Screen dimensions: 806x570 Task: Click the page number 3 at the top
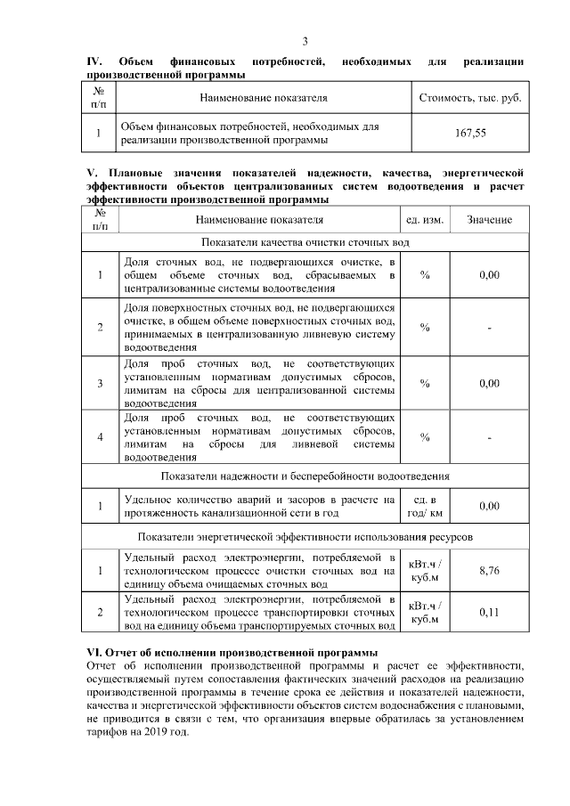[305, 41]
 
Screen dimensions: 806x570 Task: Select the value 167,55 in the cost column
[469, 134]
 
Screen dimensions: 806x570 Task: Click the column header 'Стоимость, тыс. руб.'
[469, 97]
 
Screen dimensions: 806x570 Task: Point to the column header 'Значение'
[488, 219]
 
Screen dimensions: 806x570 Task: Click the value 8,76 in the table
[488, 570]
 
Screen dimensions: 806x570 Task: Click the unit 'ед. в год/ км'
[424, 506]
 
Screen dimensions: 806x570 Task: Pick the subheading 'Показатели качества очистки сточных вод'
[305, 242]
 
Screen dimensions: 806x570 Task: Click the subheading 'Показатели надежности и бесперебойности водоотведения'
[305, 476]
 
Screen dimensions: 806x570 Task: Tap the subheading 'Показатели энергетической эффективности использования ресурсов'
[305, 537]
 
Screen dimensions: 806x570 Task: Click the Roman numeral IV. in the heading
[94, 61]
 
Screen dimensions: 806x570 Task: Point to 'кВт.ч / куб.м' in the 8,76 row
[424, 570]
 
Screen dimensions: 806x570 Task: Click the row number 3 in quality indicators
[101, 383]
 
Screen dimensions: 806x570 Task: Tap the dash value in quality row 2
[488, 327]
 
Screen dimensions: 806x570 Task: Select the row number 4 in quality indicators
[101, 436]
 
